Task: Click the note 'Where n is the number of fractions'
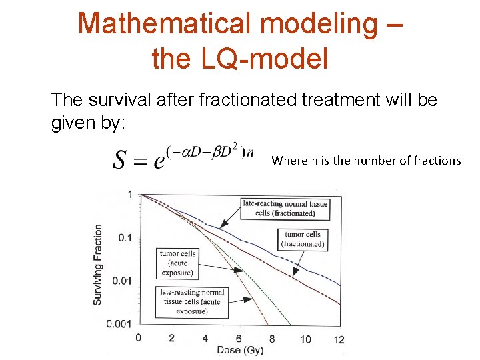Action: coord(366,161)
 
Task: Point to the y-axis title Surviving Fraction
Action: coord(97,265)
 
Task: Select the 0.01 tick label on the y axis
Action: coord(121,281)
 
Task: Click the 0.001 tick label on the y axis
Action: coord(119,323)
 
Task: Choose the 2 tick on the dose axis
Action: coord(171,338)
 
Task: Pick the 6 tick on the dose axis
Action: coord(239,338)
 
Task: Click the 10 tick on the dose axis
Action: coord(305,339)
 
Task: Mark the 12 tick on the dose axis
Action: coord(339,339)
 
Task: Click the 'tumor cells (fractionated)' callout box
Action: coord(303,239)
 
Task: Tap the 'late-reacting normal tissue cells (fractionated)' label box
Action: coord(285,208)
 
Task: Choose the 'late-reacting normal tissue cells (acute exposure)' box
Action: coord(192,301)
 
